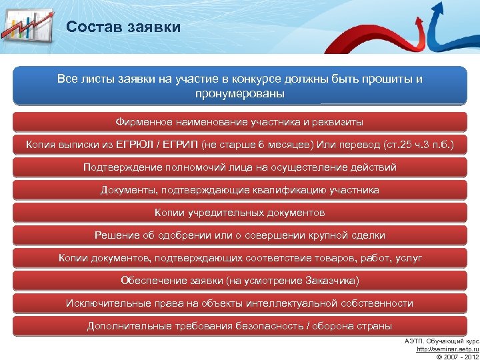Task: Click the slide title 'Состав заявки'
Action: point(123,27)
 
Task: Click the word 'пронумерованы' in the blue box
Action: point(240,94)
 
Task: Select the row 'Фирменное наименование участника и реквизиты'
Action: point(240,122)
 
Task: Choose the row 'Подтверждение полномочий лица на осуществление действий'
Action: point(240,167)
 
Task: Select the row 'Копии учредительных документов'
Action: point(240,213)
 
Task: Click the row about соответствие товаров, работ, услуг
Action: point(240,258)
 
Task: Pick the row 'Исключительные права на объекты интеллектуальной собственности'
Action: point(240,303)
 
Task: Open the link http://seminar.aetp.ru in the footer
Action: point(446,349)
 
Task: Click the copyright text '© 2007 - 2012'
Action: point(456,356)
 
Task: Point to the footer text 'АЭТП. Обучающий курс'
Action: point(441,341)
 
